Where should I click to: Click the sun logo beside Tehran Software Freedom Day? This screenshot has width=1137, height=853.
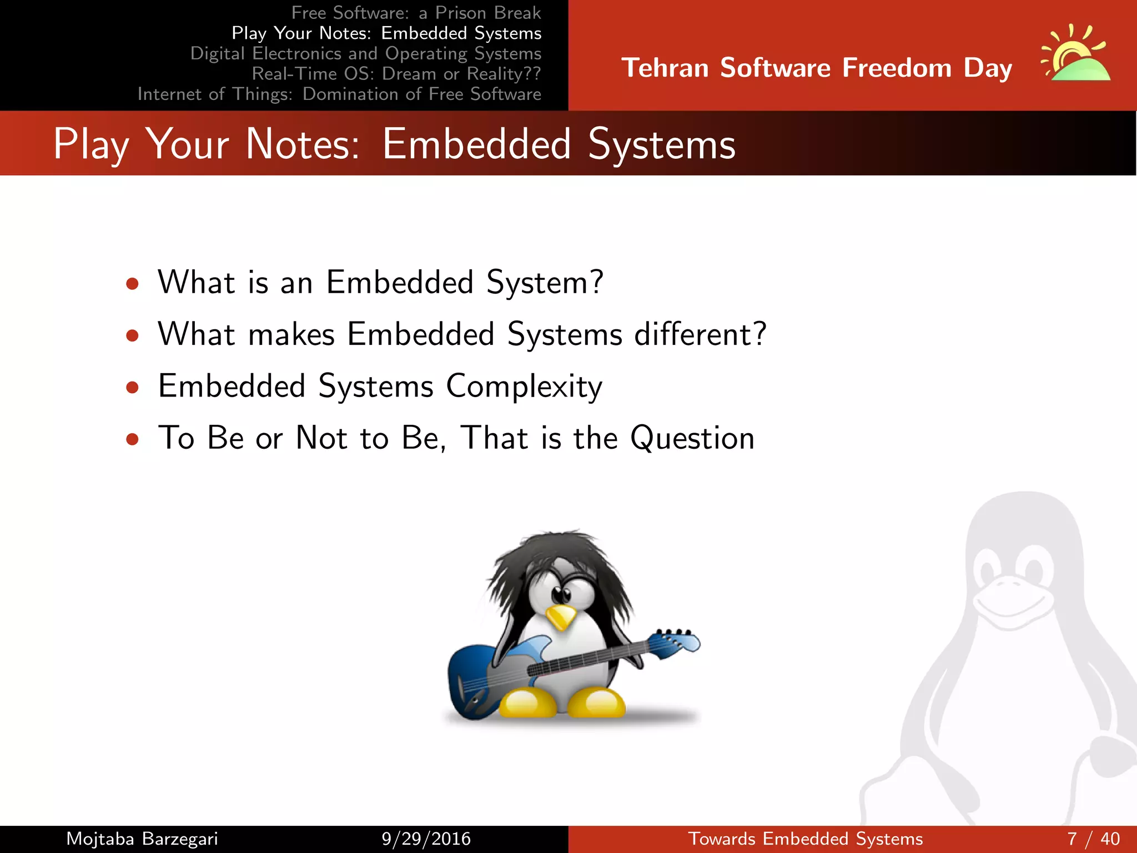click(1075, 55)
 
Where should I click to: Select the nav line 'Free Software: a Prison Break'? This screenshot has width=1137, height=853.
click(416, 13)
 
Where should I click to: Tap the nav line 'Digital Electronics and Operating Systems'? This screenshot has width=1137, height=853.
click(365, 53)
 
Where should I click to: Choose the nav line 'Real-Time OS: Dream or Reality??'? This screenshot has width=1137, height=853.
click(396, 74)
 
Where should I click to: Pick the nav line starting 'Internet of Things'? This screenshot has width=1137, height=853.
click(339, 94)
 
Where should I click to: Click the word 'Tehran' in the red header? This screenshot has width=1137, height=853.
click(665, 68)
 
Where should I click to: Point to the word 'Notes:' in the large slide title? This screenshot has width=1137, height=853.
click(303, 144)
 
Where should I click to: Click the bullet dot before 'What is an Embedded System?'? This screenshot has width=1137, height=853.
click(132, 284)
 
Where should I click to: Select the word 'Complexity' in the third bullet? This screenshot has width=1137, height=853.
click(524, 387)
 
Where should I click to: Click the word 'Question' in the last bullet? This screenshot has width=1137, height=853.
click(692, 438)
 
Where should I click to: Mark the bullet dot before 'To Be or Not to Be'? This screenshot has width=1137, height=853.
click(132, 440)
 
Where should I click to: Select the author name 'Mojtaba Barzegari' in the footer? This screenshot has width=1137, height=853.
click(142, 839)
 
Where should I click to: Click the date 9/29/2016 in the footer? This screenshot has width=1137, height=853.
click(426, 839)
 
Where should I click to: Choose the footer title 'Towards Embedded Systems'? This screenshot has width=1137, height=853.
click(805, 839)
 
